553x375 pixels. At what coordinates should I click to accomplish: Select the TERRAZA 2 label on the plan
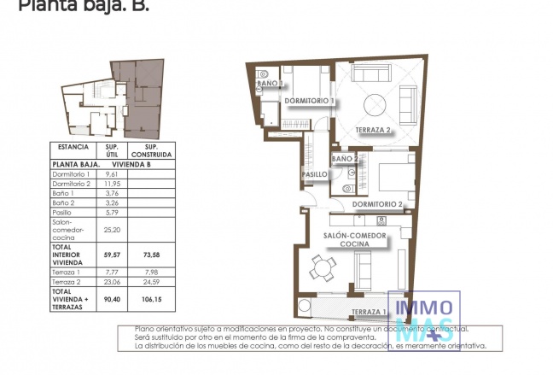point(373,130)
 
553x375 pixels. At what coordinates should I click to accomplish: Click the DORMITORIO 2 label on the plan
point(376,204)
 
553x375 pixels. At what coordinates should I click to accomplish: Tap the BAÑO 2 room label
point(344,160)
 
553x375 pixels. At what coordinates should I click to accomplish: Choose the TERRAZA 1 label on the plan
point(370,312)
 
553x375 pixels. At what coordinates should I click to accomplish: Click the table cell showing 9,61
point(109,173)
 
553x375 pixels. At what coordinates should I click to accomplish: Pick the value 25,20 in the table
point(110,229)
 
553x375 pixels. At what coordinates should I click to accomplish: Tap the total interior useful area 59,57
point(110,254)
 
